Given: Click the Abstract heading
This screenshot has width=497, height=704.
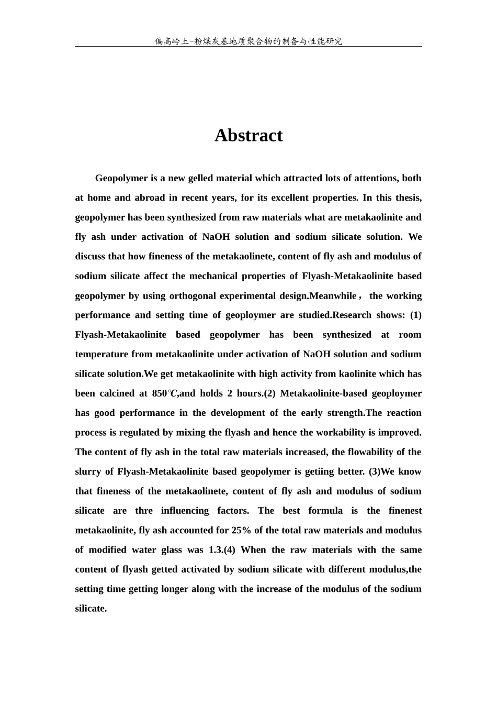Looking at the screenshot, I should click(x=249, y=136).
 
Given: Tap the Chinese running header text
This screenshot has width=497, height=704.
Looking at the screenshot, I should click(x=249, y=41).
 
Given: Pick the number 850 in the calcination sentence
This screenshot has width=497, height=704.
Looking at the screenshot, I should click(x=157, y=393).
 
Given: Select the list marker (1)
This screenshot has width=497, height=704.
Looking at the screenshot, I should click(x=415, y=315).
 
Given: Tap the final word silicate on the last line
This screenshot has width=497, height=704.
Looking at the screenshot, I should click(x=91, y=609).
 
